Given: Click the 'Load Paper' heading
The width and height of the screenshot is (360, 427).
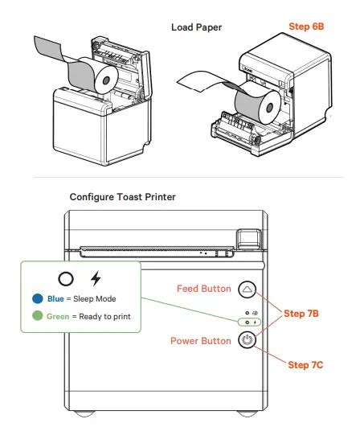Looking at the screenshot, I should pyautogui.click(x=196, y=27).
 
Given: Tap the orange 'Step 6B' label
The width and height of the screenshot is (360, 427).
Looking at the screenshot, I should pyautogui.click(x=307, y=27).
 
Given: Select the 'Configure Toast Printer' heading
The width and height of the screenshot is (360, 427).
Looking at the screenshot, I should pyautogui.click(x=122, y=197).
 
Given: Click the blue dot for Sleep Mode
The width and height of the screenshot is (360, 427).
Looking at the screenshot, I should pyautogui.click(x=37, y=299).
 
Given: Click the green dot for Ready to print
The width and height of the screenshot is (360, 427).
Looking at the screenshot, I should pyautogui.click(x=37, y=317).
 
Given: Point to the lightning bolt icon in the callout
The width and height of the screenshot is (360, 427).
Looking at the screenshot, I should pyautogui.click(x=96, y=278).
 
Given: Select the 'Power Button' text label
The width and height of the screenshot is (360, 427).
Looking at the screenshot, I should pyautogui.click(x=201, y=341).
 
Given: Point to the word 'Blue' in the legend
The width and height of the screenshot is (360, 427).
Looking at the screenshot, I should pyautogui.click(x=55, y=299).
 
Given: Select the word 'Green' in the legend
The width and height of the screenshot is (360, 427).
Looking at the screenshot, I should pyautogui.click(x=58, y=317).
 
